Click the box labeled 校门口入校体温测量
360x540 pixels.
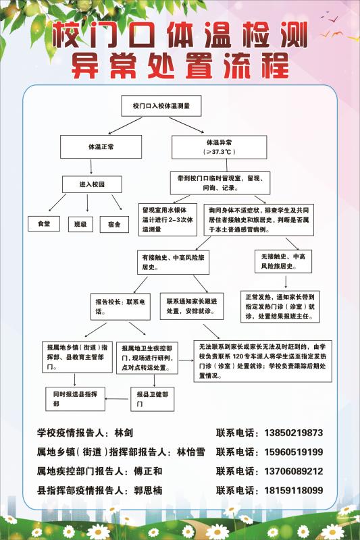[161, 106]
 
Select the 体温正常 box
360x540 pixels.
[101, 146]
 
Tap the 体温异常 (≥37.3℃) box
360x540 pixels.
[219, 147]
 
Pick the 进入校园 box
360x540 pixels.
[92, 184]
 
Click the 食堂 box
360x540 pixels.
[44, 223]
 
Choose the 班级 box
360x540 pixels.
[80, 224]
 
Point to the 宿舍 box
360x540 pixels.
[114, 225]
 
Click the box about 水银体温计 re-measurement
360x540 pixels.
[168, 220]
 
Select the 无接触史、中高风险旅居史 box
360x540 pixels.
[283, 261]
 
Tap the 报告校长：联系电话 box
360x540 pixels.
[120, 306]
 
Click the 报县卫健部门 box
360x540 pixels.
[152, 399]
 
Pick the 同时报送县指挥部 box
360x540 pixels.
[75, 399]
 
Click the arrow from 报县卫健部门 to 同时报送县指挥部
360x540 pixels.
[118, 399]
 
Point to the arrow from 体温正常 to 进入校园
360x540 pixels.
[91, 167]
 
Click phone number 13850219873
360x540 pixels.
[294, 433]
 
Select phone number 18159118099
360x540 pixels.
[294, 491]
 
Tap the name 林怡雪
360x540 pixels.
[191, 452]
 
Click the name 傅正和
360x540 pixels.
[148, 471]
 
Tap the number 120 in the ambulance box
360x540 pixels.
[238, 356]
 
